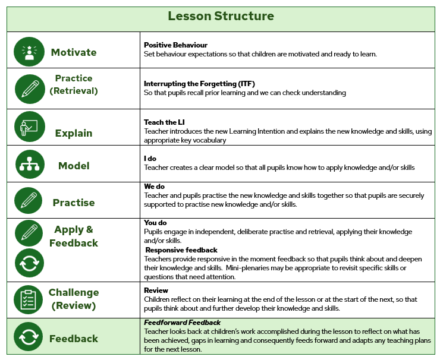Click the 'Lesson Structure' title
[x=221, y=16]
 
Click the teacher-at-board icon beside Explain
[x=29, y=127]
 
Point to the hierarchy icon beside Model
[x=29, y=165]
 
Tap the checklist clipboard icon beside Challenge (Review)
[x=29, y=299]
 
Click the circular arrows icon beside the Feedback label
[x=29, y=337]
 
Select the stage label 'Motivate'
[x=74, y=52]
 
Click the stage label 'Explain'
[x=74, y=133]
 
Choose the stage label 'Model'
[x=74, y=166]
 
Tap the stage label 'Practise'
[x=74, y=203]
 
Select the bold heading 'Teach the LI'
[x=164, y=122]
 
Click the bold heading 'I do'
[x=150, y=159]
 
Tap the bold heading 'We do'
[x=155, y=187]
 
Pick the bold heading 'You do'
[x=156, y=223]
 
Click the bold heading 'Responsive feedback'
[x=182, y=250]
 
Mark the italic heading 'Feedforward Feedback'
[x=182, y=322]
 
